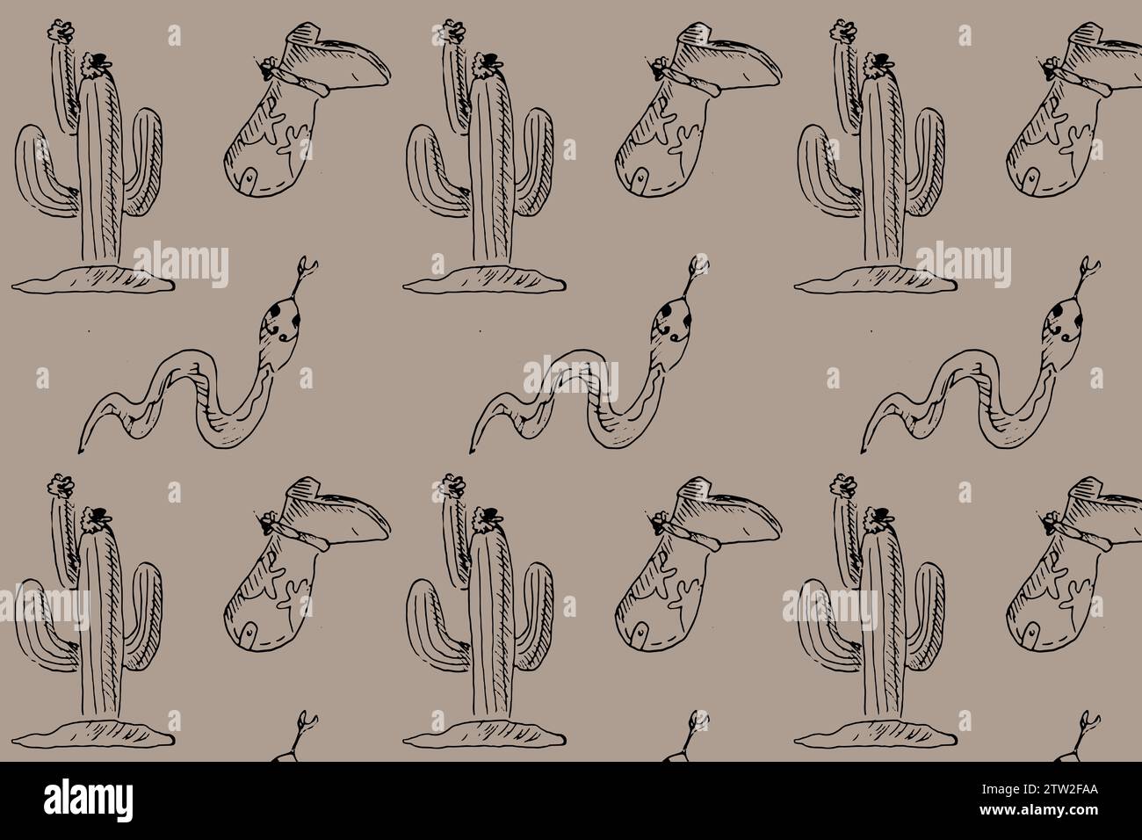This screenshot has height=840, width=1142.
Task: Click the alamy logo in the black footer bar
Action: pos(88,800)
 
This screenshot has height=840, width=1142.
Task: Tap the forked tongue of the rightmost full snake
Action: pos(1089,268)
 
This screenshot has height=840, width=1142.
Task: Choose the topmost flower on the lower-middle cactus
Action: pos(452,483)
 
